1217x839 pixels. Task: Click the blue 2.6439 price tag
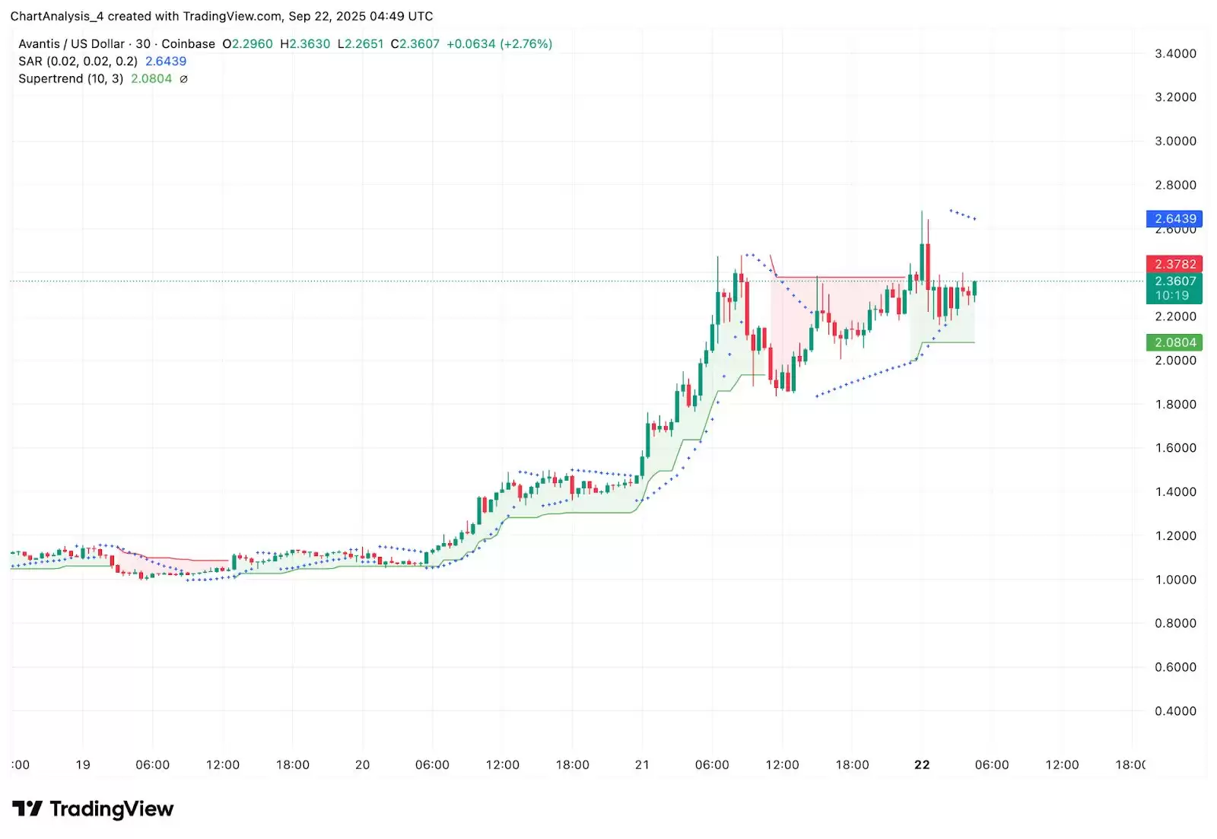(x=1174, y=219)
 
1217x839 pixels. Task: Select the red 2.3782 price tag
(x=1174, y=264)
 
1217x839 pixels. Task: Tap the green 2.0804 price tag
(x=1174, y=342)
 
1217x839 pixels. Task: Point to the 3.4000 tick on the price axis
(x=1175, y=53)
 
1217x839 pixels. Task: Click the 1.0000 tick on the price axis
(x=1175, y=580)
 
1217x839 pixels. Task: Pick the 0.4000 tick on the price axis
(x=1175, y=711)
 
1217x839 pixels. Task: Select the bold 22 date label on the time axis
(x=922, y=764)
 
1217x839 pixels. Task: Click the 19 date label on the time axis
(x=83, y=764)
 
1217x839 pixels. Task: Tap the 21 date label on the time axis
(x=642, y=764)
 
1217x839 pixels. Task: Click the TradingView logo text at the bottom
(x=111, y=809)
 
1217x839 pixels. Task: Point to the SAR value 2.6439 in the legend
(x=166, y=62)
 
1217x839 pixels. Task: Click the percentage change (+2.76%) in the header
(x=526, y=44)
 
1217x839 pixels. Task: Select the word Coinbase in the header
(x=188, y=44)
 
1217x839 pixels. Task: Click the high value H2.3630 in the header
(x=305, y=44)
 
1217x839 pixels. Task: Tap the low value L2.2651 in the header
(x=361, y=44)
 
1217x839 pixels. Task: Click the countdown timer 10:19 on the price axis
(x=1171, y=296)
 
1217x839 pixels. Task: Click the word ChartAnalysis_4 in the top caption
(x=56, y=16)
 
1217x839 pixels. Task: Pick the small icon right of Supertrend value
(x=183, y=79)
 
